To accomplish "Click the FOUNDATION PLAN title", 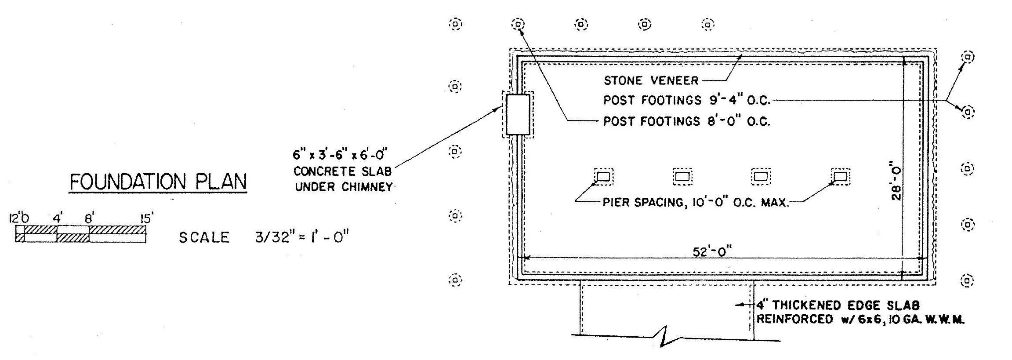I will [x=158, y=182].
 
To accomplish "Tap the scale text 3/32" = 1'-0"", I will [x=302, y=237].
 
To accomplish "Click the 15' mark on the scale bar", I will [x=147, y=218].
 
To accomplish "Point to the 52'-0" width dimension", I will [x=712, y=251].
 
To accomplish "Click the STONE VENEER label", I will [x=651, y=80].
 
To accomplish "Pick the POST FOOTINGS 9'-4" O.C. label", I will [x=686, y=100].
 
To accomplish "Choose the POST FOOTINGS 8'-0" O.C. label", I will [x=686, y=121].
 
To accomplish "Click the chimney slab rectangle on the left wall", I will [x=518, y=114].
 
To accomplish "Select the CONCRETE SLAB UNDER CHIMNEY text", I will [x=343, y=179].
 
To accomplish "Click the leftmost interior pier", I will [x=604, y=177].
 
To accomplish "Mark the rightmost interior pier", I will [x=841, y=177].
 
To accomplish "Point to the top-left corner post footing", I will [x=455, y=24].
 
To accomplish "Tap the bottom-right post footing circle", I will [x=967, y=280].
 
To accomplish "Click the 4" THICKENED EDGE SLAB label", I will [x=838, y=305].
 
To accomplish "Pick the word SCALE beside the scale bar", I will [x=204, y=237].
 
